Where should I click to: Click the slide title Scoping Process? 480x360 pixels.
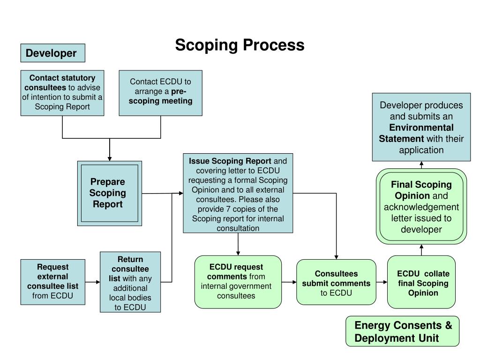point(240,45)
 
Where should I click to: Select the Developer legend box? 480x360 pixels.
point(52,53)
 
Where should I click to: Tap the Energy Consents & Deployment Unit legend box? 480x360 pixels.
point(402,331)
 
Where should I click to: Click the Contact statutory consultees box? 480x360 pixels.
point(62,92)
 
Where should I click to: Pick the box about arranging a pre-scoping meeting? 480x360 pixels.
point(160,92)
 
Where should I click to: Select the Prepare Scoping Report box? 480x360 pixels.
point(109,193)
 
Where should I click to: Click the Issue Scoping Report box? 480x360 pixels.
point(238,193)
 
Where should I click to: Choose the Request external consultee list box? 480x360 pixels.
point(52,281)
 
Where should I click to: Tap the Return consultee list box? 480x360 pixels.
point(130,282)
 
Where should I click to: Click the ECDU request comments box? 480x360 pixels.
point(238,282)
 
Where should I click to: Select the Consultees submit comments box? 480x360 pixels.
point(336,282)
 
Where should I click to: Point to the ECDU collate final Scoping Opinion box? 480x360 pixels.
point(421,282)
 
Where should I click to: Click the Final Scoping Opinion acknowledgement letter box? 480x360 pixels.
point(421,206)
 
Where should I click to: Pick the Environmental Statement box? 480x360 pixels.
point(421,127)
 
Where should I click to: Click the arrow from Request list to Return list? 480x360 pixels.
point(93,282)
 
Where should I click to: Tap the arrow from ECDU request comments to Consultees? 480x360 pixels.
point(289,282)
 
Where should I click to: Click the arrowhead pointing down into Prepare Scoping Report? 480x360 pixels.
point(110,158)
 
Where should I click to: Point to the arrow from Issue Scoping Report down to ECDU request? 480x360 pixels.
point(238,244)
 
